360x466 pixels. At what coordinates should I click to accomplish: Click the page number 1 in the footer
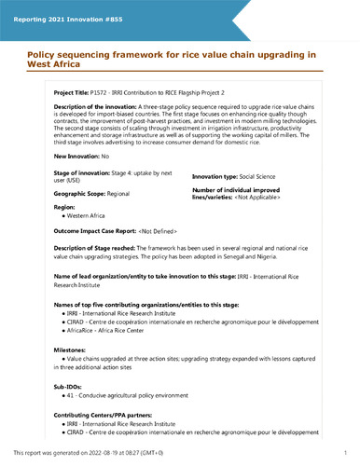(345, 452)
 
